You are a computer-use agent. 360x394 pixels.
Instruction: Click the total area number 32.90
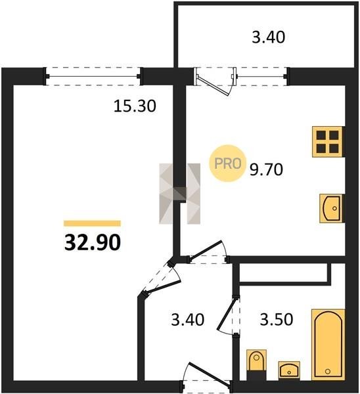[x=93, y=243]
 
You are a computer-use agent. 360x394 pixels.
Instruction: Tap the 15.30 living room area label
[x=135, y=106]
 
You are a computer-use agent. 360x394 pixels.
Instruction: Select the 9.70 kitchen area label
[x=266, y=169]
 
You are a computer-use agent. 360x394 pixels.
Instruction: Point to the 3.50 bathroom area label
[x=277, y=320]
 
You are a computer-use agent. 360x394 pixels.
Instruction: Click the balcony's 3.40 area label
[x=269, y=37]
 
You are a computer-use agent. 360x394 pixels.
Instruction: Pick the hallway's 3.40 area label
[x=188, y=320]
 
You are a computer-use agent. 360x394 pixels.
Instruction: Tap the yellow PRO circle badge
[x=228, y=164]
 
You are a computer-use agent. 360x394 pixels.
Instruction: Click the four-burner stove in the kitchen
[x=328, y=142]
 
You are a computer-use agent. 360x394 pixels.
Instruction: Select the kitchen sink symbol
[x=332, y=208]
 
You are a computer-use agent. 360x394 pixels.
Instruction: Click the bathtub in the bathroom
[x=328, y=345]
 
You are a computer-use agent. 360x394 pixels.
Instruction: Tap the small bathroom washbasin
[x=289, y=370]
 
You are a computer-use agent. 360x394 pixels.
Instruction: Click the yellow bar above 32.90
[x=92, y=223]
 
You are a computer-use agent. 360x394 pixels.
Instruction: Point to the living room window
[x=93, y=76]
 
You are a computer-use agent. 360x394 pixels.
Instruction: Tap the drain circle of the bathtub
[x=328, y=371]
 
